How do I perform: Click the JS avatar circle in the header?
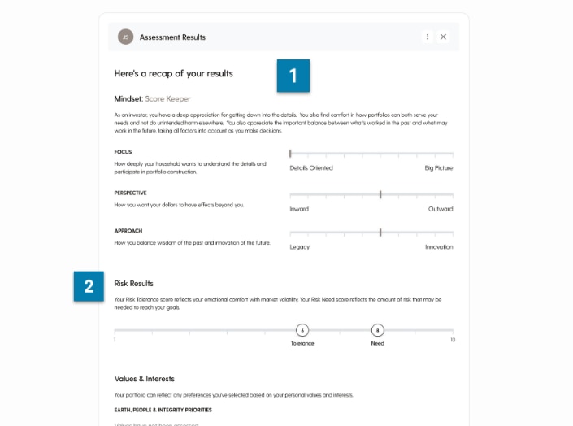125,37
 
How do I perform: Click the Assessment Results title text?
172,37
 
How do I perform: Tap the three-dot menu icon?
428,37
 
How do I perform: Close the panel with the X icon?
443,37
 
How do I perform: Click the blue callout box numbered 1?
293,76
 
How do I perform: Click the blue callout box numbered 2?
89,285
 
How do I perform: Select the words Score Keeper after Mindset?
167,99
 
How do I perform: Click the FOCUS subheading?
123,152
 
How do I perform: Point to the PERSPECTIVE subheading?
130,193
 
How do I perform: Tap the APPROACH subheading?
128,231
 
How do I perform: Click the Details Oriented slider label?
311,168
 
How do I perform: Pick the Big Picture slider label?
439,168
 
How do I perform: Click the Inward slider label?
299,209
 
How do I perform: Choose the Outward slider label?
441,209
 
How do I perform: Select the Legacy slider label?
300,247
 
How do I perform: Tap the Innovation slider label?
439,247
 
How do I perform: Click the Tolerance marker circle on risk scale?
302,330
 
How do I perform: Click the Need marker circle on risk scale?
377,330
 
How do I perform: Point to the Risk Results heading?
134,284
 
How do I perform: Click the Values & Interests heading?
145,379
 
